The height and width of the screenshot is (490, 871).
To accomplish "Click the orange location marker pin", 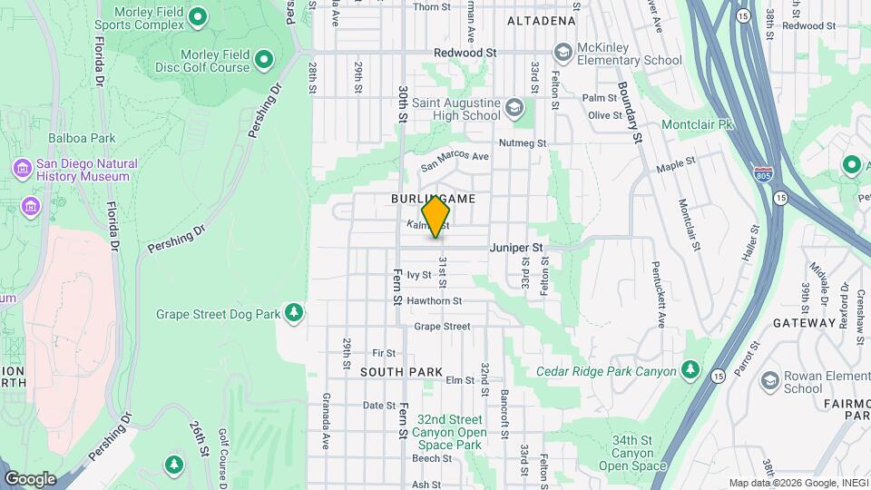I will (x=436, y=216).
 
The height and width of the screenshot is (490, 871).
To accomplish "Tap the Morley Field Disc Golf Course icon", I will (x=264, y=60).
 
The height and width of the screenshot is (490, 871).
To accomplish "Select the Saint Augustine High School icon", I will (x=514, y=109).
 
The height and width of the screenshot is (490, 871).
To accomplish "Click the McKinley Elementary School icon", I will (x=563, y=53).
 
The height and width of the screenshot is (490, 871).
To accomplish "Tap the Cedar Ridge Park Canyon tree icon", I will (x=690, y=370).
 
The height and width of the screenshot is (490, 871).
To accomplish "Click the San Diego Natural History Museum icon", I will (x=23, y=169).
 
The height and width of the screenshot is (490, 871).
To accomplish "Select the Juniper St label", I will (x=515, y=247).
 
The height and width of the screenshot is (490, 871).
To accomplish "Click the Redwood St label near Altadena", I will (x=465, y=54).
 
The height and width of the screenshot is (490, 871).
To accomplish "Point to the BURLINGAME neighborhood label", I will (x=434, y=198).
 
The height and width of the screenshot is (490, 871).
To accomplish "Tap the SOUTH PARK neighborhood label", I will (x=401, y=372).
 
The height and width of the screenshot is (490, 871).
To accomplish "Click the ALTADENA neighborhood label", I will (x=541, y=20).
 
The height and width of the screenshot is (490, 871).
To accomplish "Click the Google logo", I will (x=30, y=478).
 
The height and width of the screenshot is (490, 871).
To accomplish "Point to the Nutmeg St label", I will (x=523, y=143).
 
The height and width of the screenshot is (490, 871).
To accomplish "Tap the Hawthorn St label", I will (x=435, y=301).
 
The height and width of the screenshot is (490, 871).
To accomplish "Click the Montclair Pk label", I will (x=697, y=123).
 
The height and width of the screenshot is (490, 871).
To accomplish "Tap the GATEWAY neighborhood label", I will (x=804, y=322).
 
